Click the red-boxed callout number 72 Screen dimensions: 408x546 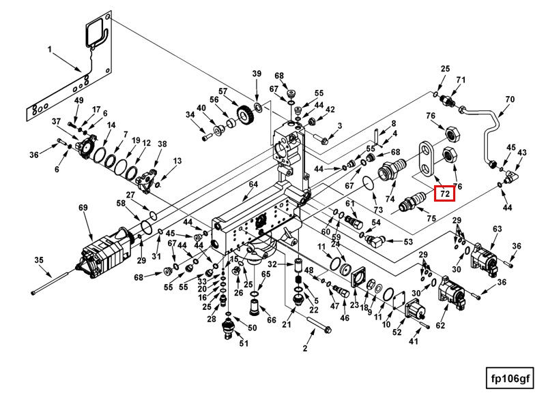coord(445,194)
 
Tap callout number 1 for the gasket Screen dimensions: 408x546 coord(50,49)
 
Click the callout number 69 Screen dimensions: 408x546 coord(84,208)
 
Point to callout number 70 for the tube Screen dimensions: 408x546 coord(509,99)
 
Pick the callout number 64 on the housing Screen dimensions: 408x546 coord(253,185)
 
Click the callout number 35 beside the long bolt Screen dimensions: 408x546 coord(39,260)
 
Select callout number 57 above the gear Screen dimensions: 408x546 coord(222,91)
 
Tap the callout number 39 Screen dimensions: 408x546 coord(257,74)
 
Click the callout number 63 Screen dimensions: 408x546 coord(497,230)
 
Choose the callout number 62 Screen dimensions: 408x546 coord(440,326)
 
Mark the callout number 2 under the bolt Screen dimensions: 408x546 coord(305,349)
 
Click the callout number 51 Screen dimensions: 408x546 coord(244,343)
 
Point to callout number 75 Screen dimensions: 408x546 coord(431,219)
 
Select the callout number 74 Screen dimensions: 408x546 coord(390,199)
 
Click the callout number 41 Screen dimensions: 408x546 coord(413,341)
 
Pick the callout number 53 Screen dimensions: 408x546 coord(408,242)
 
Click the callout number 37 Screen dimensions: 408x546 coord(57,121)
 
